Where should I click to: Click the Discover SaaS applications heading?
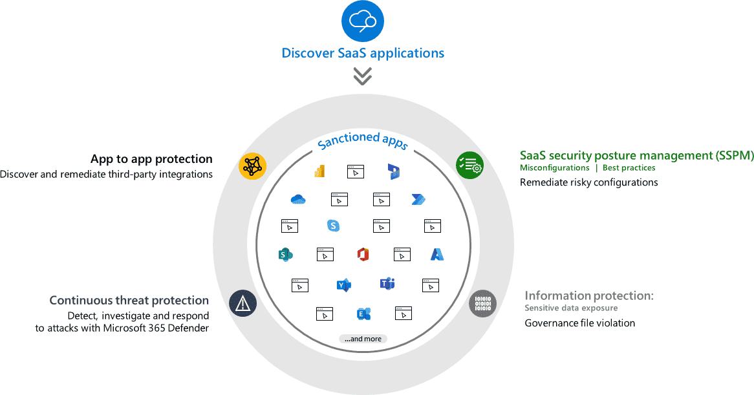(363, 53)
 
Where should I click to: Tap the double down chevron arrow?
(362, 76)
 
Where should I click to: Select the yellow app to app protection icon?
(252, 166)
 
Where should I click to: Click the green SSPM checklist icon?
(469, 165)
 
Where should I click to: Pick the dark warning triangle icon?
(243, 303)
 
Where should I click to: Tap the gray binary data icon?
(482, 303)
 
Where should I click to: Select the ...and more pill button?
(363, 339)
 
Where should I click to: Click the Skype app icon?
(333, 226)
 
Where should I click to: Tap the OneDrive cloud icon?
(298, 199)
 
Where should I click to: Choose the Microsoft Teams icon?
(387, 283)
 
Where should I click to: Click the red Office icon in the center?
(363, 254)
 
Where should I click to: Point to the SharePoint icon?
(285, 254)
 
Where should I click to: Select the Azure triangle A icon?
(437, 254)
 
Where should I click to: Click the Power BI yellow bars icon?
(319, 171)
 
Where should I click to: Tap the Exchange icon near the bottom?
(363, 314)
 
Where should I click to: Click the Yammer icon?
(343, 284)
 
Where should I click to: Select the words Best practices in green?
(629, 168)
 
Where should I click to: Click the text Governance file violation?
(579, 323)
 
